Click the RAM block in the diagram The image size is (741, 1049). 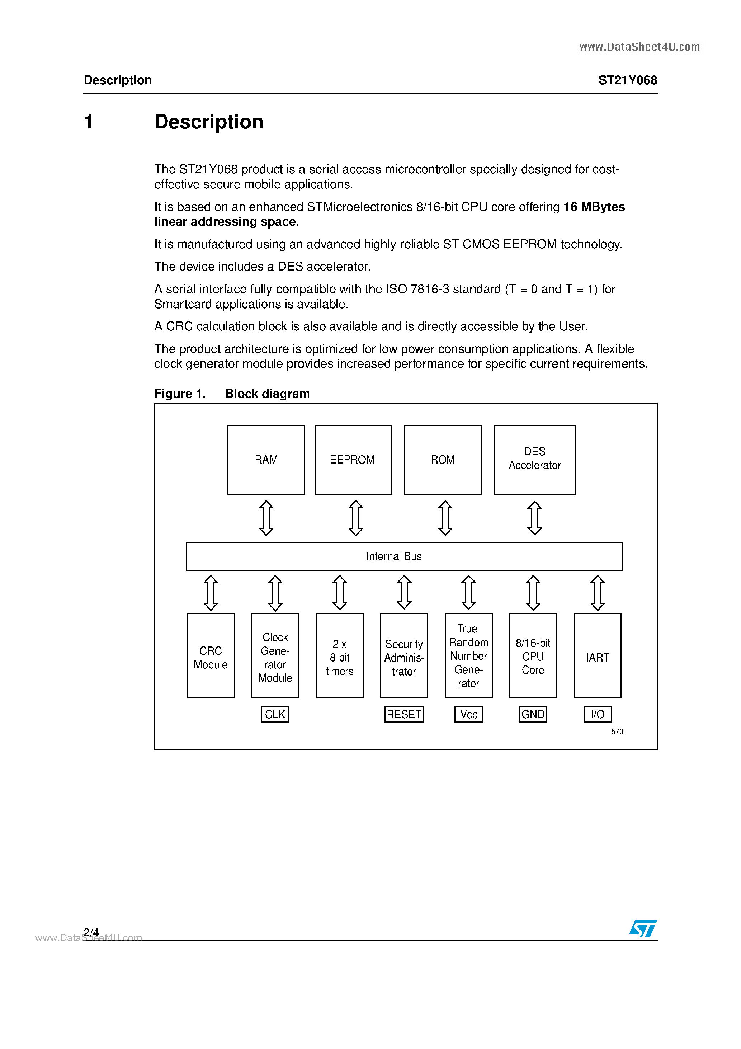[x=266, y=460]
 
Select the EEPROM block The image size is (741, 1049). [x=353, y=460]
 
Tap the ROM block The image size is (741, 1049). [x=443, y=460]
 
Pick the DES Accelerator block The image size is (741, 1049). [x=534, y=460]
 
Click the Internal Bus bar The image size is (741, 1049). [x=404, y=556]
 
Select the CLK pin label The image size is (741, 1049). [x=275, y=714]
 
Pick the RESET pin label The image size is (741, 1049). [x=404, y=714]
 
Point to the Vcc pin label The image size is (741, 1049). [x=468, y=714]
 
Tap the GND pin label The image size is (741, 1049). [x=533, y=714]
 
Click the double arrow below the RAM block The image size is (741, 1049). [x=266, y=518]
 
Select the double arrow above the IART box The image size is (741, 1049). [x=598, y=593]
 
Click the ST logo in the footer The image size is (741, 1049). [x=643, y=928]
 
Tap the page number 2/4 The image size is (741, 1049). [x=91, y=932]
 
